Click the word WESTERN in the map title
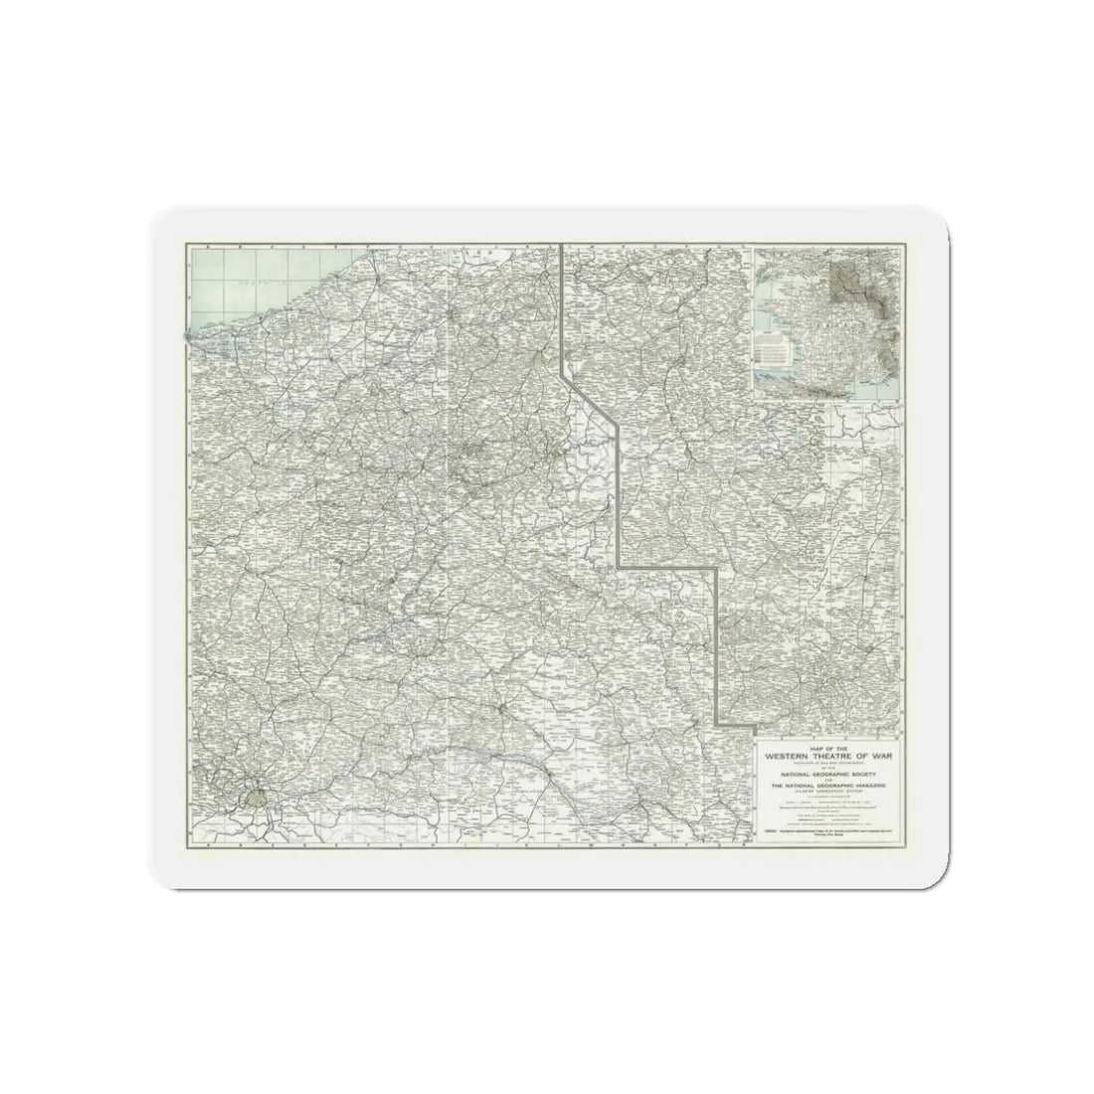[788, 756]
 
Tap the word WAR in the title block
[882, 756]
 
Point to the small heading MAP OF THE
[828, 748]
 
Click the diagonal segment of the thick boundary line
[591, 399]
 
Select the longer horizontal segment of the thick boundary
[666, 567]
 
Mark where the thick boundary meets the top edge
[563, 245]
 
